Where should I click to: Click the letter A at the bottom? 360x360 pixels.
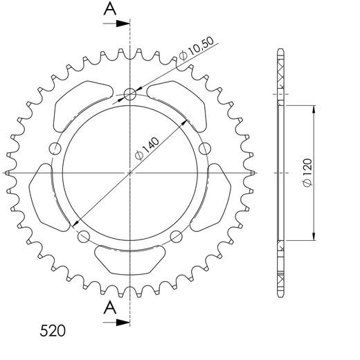tap(109, 307)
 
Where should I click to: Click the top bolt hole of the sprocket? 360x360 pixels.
tap(130, 95)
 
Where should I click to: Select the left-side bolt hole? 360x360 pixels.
tap(55, 148)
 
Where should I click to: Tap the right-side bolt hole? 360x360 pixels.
tap(205, 148)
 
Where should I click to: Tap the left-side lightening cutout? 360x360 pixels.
tap(41, 195)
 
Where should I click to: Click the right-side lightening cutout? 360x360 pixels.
tap(219, 195)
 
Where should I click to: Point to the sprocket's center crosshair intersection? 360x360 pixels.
tap(130, 172)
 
